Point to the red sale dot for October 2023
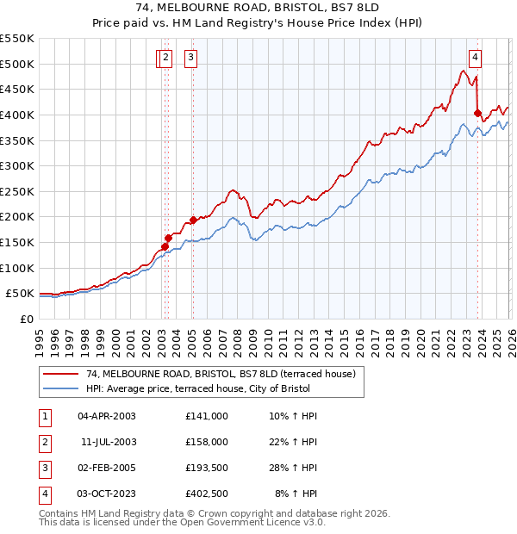pyautogui.click(x=477, y=112)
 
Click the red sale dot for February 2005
pyautogui.click(x=193, y=220)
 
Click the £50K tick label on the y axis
pyautogui.click(x=20, y=294)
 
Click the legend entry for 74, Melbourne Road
pyautogui.click(x=226, y=374)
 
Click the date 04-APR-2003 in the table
pyautogui.click(x=107, y=416)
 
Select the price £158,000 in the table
pyautogui.click(x=207, y=442)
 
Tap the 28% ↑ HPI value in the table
pyautogui.click(x=295, y=468)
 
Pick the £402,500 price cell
pyautogui.click(x=207, y=494)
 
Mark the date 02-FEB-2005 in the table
pyautogui.click(x=107, y=468)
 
